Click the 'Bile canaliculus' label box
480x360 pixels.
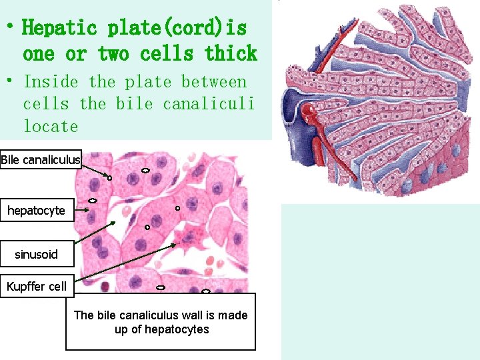[x=41, y=159]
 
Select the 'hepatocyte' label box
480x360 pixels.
[x=36, y=211]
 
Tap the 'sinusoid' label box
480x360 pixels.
[x=36, y=254]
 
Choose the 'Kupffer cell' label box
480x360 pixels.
[x=37, y=287]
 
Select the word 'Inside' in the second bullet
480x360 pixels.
[x=51, y=82]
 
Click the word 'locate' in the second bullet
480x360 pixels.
[x=51, y=126]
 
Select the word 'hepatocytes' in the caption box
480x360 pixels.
[x=176, y=329]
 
